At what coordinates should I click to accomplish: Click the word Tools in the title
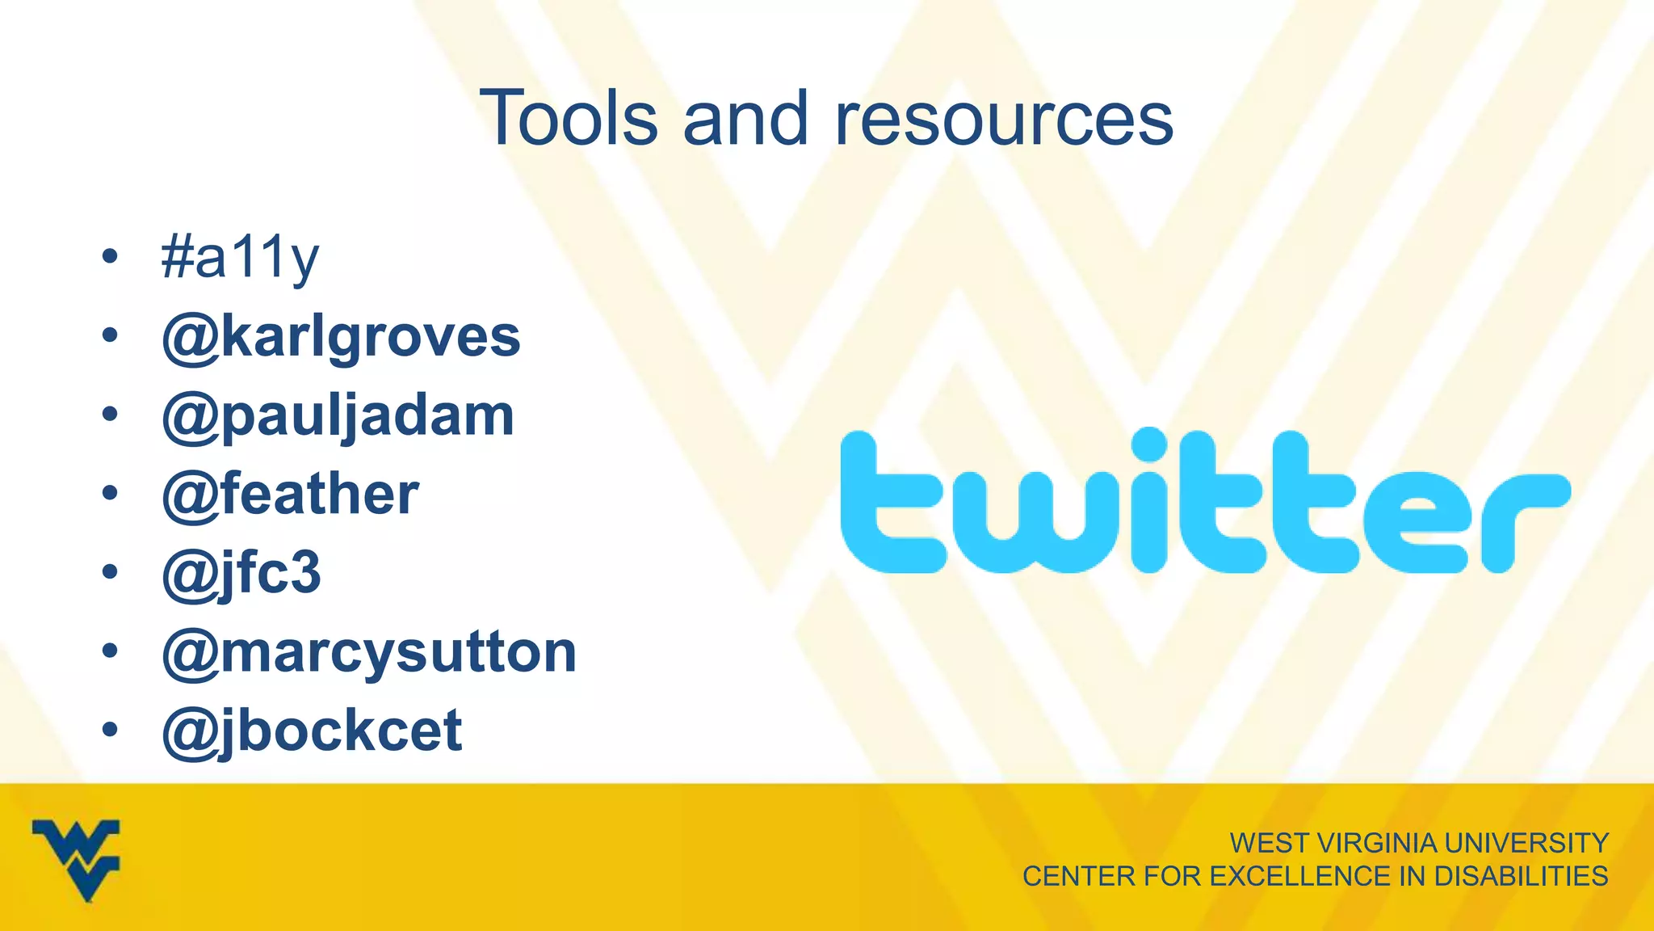569,119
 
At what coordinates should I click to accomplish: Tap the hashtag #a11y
240,259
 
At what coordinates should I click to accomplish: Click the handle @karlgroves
341,337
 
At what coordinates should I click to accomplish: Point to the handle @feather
290,494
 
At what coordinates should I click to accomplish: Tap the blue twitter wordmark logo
1205,502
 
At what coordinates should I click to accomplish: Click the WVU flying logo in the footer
77,859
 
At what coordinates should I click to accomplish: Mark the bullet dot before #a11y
111,258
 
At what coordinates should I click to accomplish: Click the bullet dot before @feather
111,494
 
